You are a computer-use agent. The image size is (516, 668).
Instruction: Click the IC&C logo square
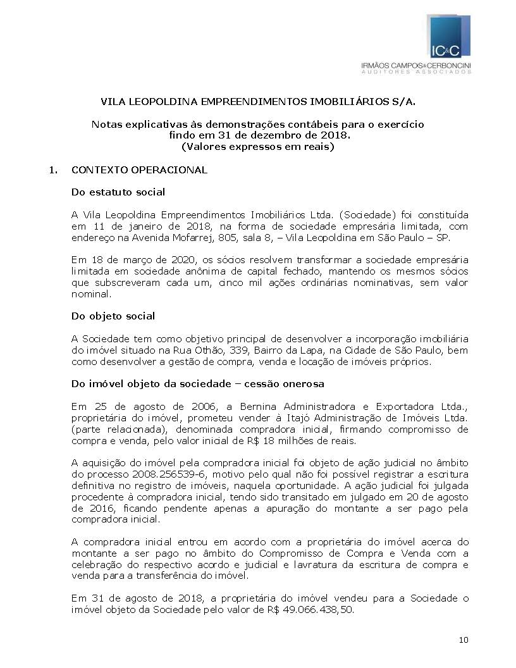coord(450,37)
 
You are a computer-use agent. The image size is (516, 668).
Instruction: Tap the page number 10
coord(464,640)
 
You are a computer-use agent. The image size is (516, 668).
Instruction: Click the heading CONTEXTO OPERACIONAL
coord(139,170)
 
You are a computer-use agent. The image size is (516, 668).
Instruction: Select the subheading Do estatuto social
coord(118,192)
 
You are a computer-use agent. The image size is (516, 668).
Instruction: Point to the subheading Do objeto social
coord(113,316)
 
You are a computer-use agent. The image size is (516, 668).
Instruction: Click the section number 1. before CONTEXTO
coord(54,170)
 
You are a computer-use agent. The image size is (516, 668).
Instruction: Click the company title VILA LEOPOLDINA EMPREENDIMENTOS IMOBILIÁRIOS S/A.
coord(259,101)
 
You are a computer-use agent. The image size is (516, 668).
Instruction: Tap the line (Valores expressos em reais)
coord(257,147)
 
